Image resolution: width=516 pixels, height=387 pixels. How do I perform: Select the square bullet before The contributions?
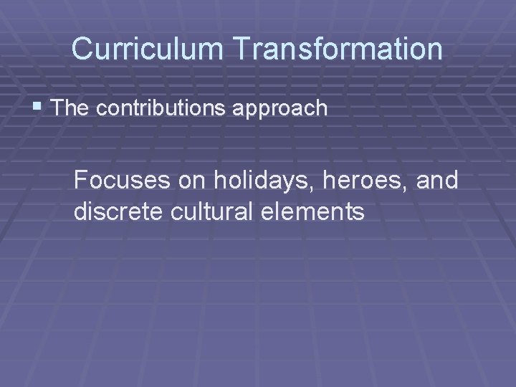[38, 107]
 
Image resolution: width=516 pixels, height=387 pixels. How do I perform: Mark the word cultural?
[214, 212]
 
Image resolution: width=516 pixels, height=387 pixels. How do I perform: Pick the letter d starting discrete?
[80, 212]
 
